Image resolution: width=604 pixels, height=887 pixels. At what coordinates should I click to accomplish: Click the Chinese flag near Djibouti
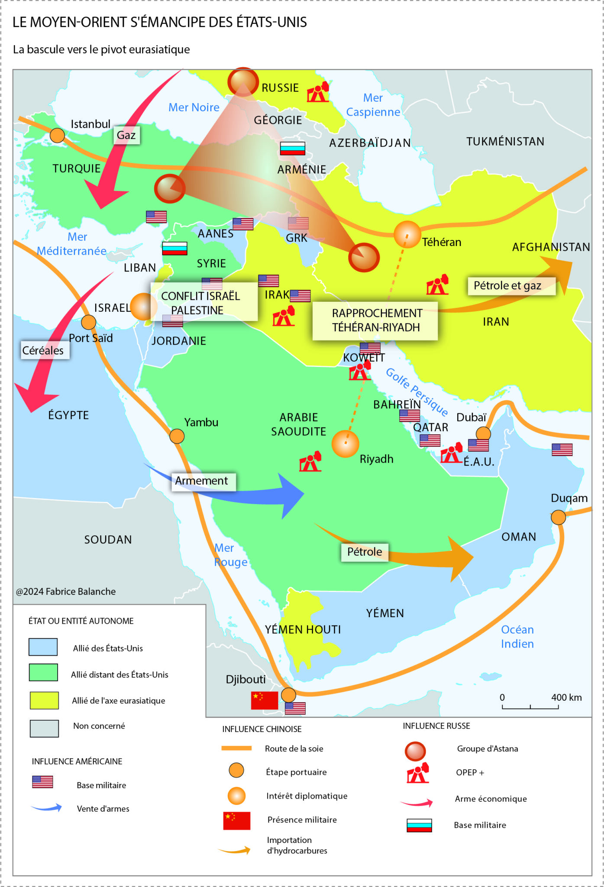264,700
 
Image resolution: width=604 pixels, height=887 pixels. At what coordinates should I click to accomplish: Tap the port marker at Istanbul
57,136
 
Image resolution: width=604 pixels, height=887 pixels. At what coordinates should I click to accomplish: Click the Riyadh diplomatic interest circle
345,443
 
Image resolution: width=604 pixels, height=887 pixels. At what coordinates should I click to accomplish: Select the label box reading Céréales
43,350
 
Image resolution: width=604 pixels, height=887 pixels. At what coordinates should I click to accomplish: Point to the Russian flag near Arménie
292,149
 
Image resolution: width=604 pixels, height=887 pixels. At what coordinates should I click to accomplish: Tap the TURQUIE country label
76,168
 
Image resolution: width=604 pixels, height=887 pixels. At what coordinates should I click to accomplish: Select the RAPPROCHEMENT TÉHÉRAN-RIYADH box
375,320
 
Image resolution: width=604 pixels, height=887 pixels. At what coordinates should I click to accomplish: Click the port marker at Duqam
558,517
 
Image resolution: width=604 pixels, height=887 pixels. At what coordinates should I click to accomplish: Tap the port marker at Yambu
177,436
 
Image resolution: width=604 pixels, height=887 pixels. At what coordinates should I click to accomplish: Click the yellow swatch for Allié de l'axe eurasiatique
44,700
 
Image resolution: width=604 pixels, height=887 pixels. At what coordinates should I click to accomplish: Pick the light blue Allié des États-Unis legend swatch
43,647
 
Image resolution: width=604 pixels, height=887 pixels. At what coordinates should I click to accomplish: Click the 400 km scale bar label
566,697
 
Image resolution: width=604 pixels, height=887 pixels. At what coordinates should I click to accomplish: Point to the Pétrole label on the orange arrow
365,552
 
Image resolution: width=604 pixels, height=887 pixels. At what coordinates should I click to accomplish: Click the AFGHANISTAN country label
550,247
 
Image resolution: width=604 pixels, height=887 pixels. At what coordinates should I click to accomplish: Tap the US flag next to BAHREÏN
409,416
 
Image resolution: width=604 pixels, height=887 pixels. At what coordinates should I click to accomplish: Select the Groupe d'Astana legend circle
415,751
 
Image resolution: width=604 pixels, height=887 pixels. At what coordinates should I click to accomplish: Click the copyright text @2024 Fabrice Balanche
66,592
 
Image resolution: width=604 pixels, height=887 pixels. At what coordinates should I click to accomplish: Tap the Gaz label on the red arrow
126,136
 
